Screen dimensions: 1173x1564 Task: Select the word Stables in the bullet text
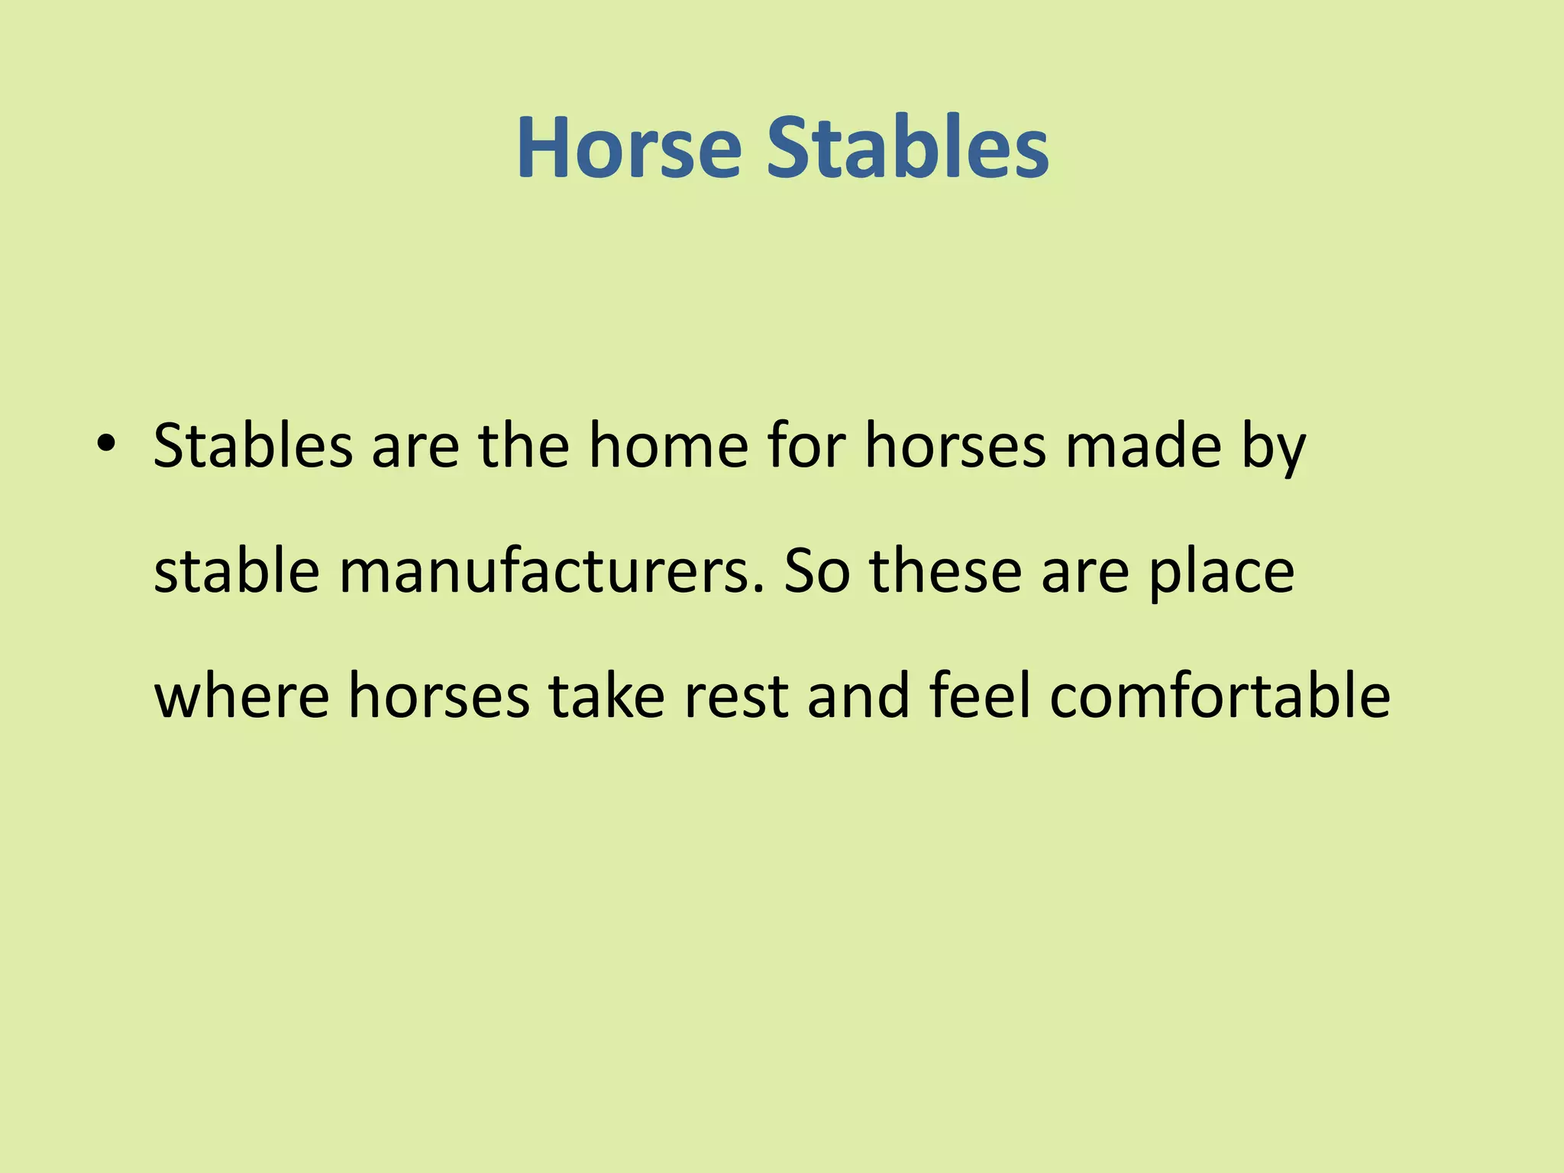253,446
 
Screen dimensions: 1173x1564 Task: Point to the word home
668,446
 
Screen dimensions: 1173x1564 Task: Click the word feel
980,696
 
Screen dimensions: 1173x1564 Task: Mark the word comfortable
1220,696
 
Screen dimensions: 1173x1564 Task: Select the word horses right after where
439,696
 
